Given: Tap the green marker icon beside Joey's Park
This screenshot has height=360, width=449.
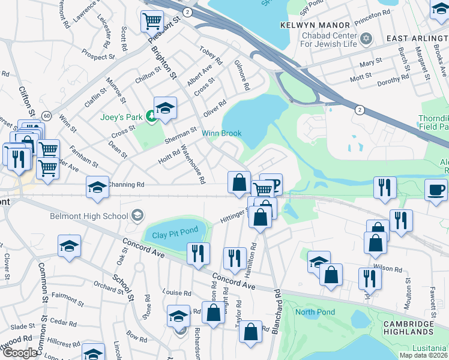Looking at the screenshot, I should coord(152,118).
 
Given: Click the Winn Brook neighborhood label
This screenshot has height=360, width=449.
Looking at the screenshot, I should coord(220,133).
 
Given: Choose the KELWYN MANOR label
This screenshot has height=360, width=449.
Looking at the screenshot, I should coord(315,25).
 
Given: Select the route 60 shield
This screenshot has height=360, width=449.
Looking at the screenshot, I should coord(47,115).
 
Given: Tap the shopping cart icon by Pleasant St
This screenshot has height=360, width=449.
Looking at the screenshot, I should coord(152,22).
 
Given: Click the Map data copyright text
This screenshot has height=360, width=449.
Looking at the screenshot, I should coord(424,355).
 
